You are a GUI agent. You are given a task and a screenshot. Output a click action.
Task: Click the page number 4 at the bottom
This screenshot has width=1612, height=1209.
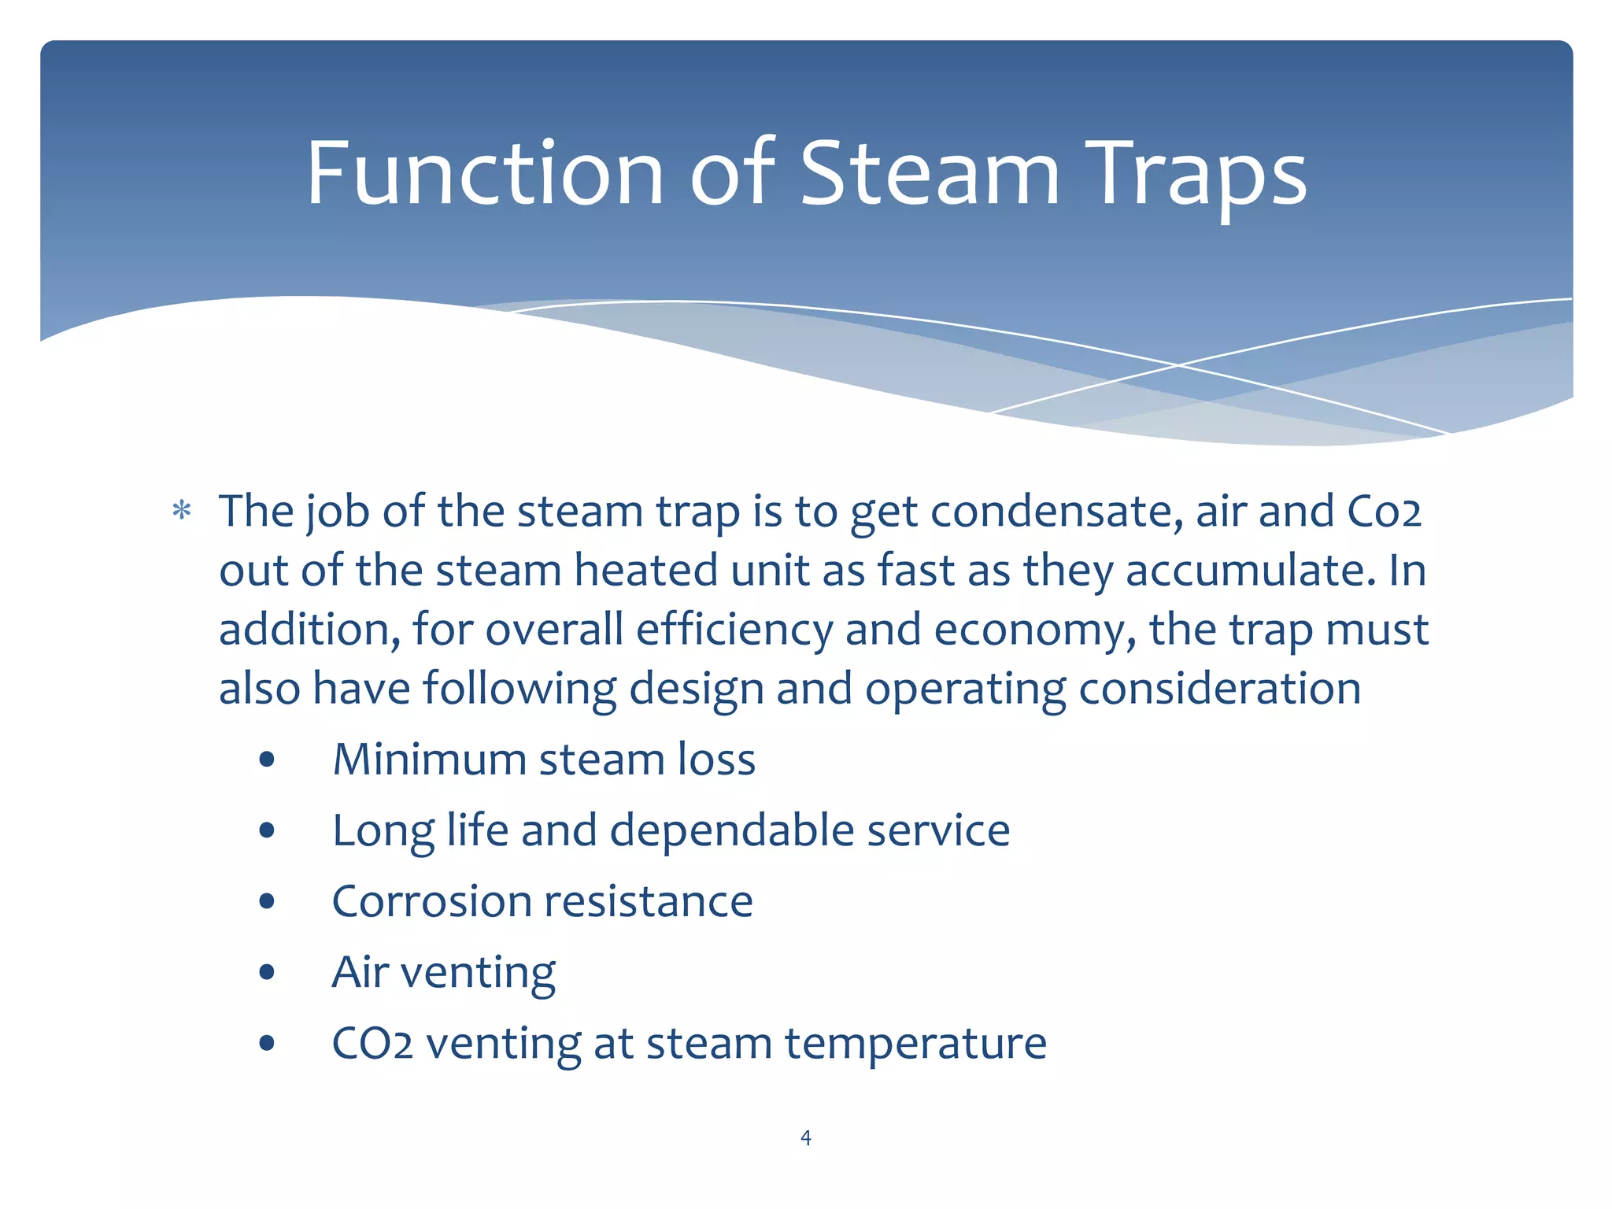(805, 1137)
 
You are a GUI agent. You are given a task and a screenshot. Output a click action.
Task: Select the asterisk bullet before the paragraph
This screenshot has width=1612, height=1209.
(182, 512)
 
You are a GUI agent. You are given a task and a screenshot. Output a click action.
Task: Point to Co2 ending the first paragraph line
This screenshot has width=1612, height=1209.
(1384, 512)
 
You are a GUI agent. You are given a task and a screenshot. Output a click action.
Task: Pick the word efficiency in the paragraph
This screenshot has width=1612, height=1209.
(734, 630)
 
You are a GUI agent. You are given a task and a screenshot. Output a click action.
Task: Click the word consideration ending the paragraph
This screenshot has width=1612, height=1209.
(1219, 689)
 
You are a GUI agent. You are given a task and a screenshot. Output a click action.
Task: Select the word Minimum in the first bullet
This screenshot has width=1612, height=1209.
(430, 760)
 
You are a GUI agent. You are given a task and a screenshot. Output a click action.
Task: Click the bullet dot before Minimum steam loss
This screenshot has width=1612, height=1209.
(267, 760)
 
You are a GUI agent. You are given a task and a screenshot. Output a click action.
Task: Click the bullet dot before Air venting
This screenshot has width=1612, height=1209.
(267, 972)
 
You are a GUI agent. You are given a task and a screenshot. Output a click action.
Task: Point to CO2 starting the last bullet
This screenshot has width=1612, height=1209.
(372, 1044)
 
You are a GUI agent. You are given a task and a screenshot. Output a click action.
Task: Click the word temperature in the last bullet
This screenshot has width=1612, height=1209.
(915, 1044)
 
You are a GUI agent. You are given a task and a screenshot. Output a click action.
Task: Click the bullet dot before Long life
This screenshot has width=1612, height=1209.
(267, 830)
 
